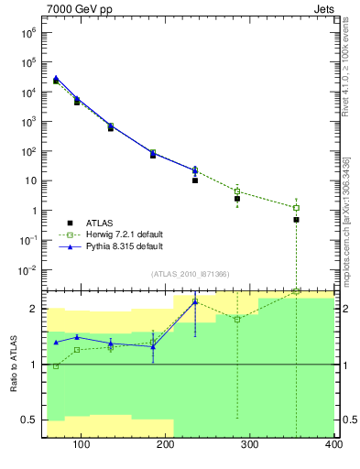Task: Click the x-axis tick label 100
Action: pyautogui.click(x=81, y=446)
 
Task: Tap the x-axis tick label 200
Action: pyautogui.click(x=165, y=446)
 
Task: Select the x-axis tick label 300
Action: pyautogui.click(x=249, y=446)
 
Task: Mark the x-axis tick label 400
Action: pyautogui.click(x=333, y=446)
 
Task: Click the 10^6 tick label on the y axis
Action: pyautogui.click(x=30, y=32)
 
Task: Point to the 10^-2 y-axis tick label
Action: pyautogui.click(x=29, y=270)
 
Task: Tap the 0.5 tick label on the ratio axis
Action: pyautogui.click(x=33, y=420)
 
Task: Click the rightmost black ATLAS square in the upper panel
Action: pyautogui.click(x=296, y=220)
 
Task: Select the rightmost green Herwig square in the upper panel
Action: pyautogui.click(x=296, y=208)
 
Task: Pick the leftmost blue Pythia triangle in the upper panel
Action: pyautogui.click(x=56, y=78)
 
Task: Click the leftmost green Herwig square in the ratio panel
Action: pyautogui.click(x=56, y=366)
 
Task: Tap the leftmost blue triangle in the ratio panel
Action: pyautogui.click(x=56, y=343)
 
